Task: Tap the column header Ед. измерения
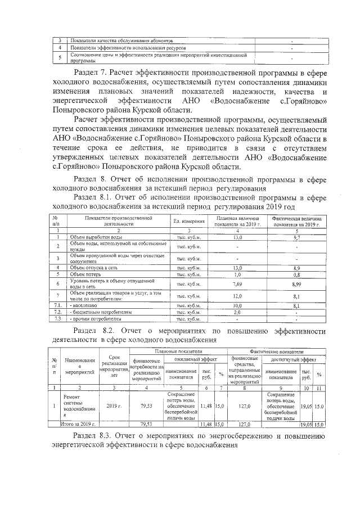click(189, 221)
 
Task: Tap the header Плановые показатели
click(178, 351)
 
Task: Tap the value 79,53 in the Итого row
click(146, 424)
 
